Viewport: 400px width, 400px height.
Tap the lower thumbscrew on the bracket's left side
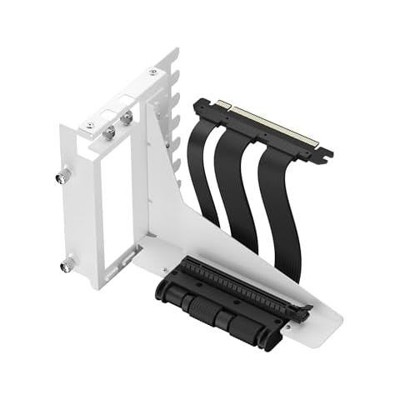66,267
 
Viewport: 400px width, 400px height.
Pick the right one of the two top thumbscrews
127,119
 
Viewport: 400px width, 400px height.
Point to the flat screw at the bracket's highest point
152,73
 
